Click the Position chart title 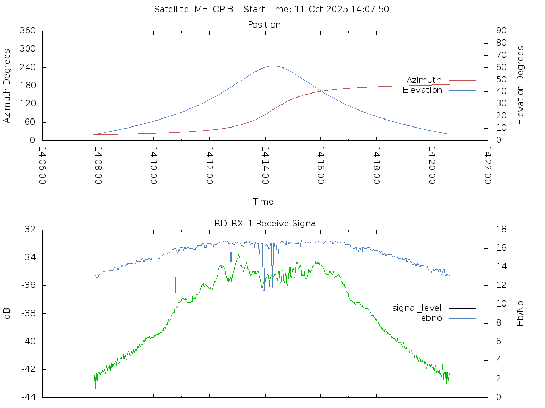pyautogui.click(x=265, y=24)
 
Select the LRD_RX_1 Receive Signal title pyautogui.click(x=264, y=223)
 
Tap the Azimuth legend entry pyautogui.click(x=424, y=80)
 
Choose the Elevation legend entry pyautogui.click(x=422, y=90)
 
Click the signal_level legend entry pyautogui.click(x=417, y=308)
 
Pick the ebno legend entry pyautogui.click(x=432, y=318)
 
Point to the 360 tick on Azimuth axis pyautogui.click(x=27, y=31)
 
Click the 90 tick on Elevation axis pyautogui.click(x=500, y=31)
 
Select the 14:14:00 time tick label pyautogui.click(x=265, y=165)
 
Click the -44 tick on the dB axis pyautogui.click(x=28, y=397)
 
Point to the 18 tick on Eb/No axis pyautogui.click(x=500, y=229)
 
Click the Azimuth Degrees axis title pyautogui.click(x=7, y=86)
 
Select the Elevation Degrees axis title pyautogui.click(x=521, y=85)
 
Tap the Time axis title pyautogui.click(x=263, y=201)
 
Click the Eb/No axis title pyautogui.click(x=521, y=313)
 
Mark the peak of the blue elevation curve pyautogui.click(x=273, y=66)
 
